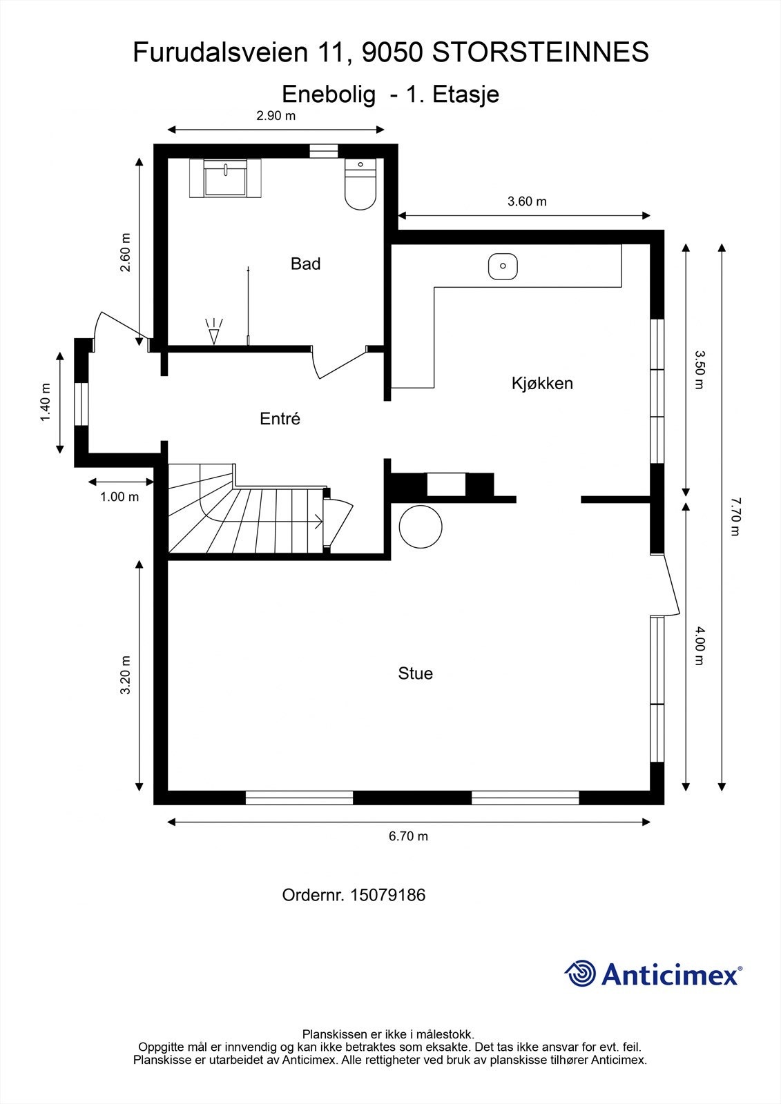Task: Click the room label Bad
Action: point(305,264)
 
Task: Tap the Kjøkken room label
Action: point(542,383)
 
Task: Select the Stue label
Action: point(415,673)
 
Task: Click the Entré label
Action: point(280,419)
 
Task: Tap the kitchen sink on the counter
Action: point(503,266)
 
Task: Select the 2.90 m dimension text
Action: point(276,116)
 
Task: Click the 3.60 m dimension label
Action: point(527,201)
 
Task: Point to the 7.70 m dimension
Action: point(735,515)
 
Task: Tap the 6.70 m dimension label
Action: point(408,836)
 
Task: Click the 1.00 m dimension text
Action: point(119,497)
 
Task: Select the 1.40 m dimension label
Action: point(46,402)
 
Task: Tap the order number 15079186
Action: point(387,895)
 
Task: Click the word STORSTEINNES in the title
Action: point(541,52)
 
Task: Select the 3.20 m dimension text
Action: point(126,675)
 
